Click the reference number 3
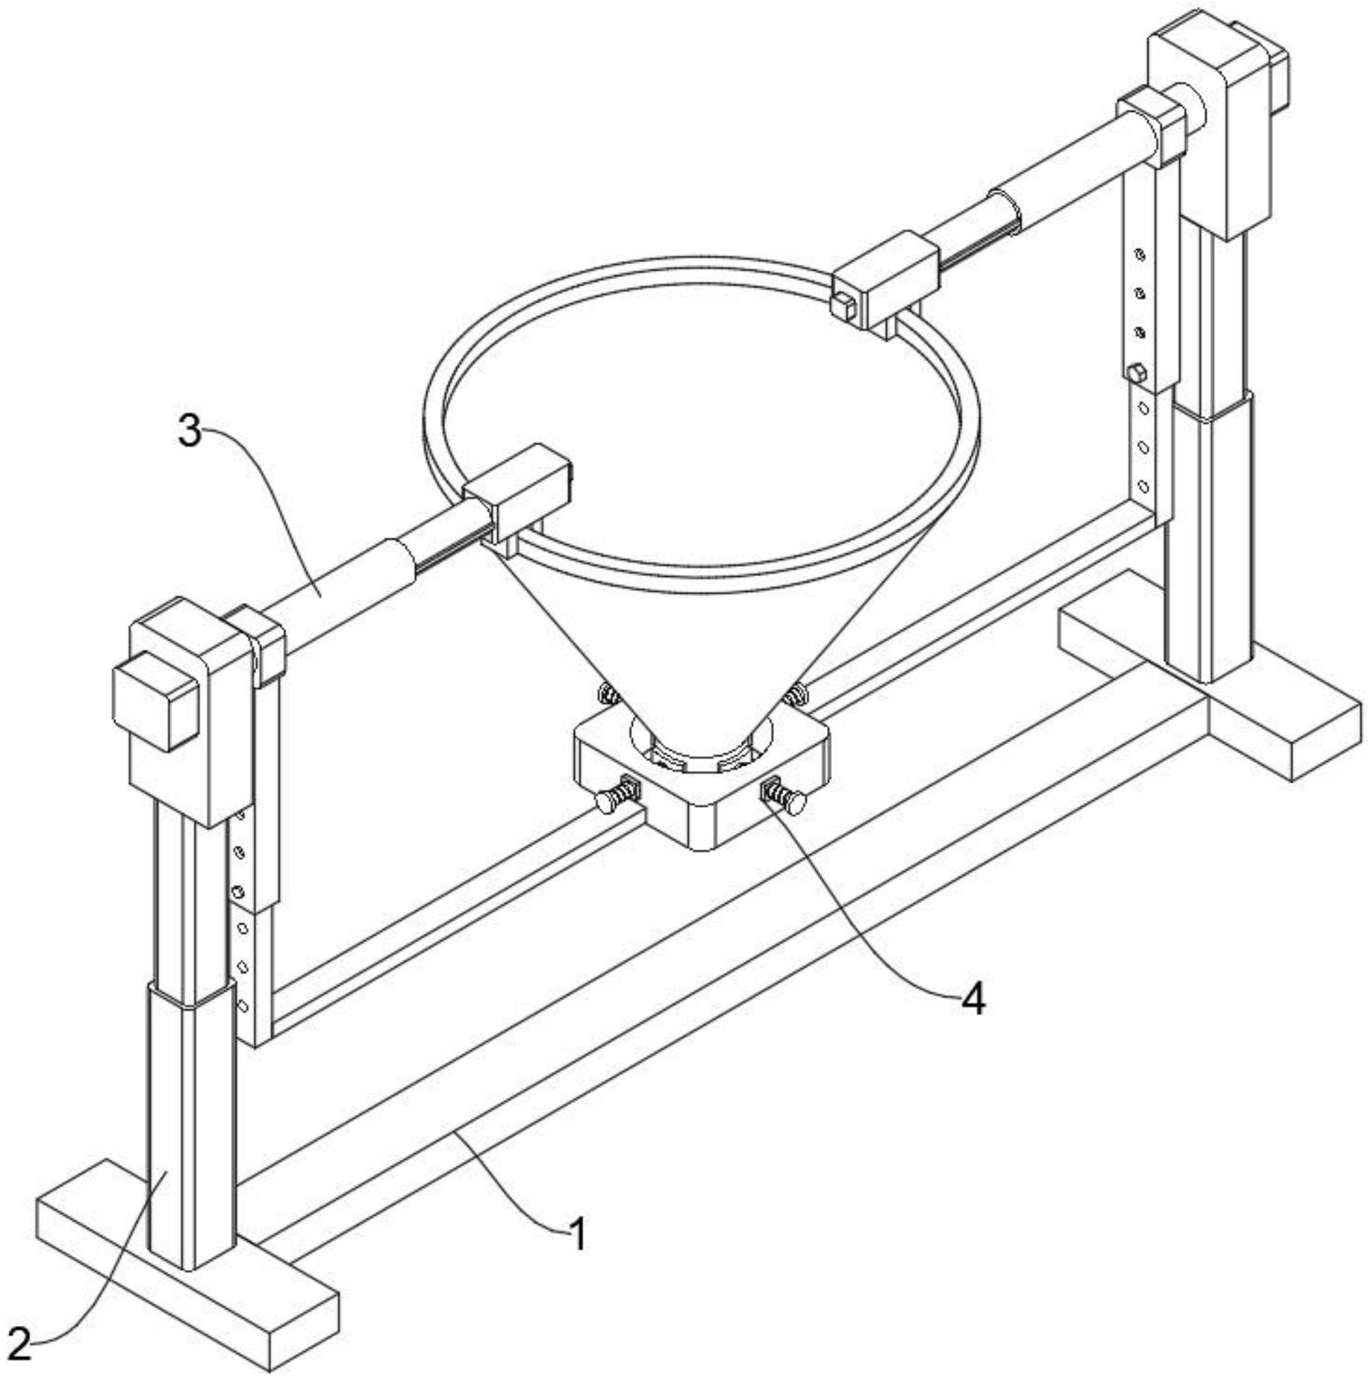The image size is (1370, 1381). [x=189, y=432]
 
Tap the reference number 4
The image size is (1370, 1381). [x=973, y=1001]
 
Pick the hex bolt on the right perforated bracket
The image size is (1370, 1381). [x=1136, y=373]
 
